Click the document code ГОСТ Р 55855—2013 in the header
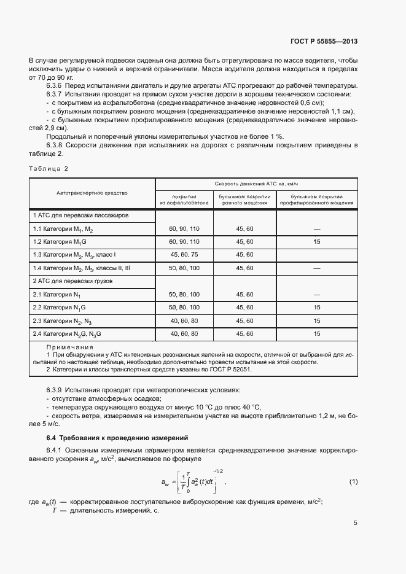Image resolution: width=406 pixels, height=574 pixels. pos(323,42)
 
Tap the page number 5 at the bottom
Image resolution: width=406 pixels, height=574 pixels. pos(355,523)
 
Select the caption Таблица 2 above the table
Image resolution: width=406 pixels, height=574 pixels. pos(49,168)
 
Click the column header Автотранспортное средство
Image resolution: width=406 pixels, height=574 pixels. pos(92,193)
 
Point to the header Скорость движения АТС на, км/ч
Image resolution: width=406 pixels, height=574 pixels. pos(256,184)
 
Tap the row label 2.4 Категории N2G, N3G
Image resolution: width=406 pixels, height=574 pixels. pos(67,334)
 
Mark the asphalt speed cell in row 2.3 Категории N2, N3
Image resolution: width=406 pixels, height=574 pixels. pos(184,320)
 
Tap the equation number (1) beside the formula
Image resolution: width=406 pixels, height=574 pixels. pos(353,481)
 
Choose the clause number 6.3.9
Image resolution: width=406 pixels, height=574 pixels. pos(57,390)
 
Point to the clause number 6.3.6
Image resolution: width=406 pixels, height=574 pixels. pos(57,85)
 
